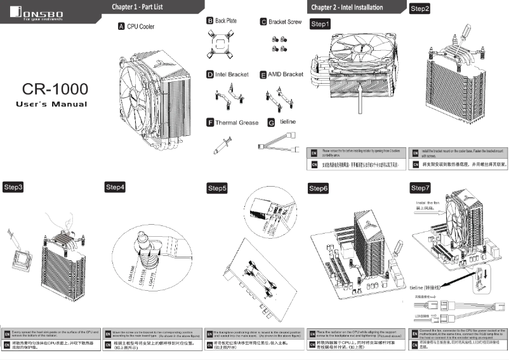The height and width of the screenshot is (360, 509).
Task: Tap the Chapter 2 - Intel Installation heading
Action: tap(347, 8)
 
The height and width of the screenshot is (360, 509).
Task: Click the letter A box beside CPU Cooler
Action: tap(121, 27)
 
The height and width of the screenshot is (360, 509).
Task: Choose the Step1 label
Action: tap(320, 24)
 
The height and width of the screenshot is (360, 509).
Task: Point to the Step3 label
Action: tap(13, 187)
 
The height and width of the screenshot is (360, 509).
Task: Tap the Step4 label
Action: tap(115, 187)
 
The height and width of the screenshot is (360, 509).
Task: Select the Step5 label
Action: tap(218, 189)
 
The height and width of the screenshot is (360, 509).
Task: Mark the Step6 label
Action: tap(319, 189)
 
